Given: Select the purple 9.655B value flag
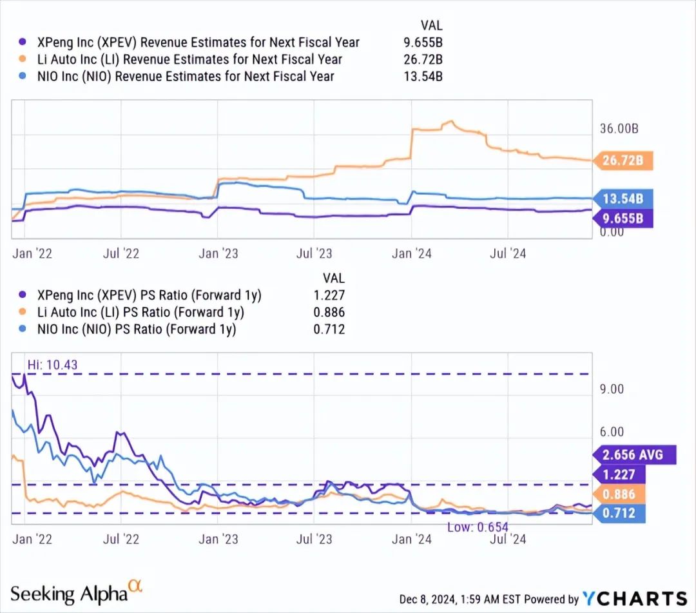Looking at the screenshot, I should tap(623, 219).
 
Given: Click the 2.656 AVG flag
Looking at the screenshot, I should tap(632, 454).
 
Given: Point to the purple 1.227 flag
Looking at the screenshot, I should tap(621, 474).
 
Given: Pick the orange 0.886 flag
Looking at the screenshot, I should tap(621, 494).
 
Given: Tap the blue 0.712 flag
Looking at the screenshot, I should tap(621, 513).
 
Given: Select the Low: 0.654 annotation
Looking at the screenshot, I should tap(478, 527).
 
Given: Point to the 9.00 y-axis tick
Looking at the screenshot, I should tap(612, 389).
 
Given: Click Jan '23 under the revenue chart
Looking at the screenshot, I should tap(218, 253).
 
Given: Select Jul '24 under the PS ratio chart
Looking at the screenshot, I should tap(507, 539).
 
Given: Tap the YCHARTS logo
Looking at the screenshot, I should tap(634, 598).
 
